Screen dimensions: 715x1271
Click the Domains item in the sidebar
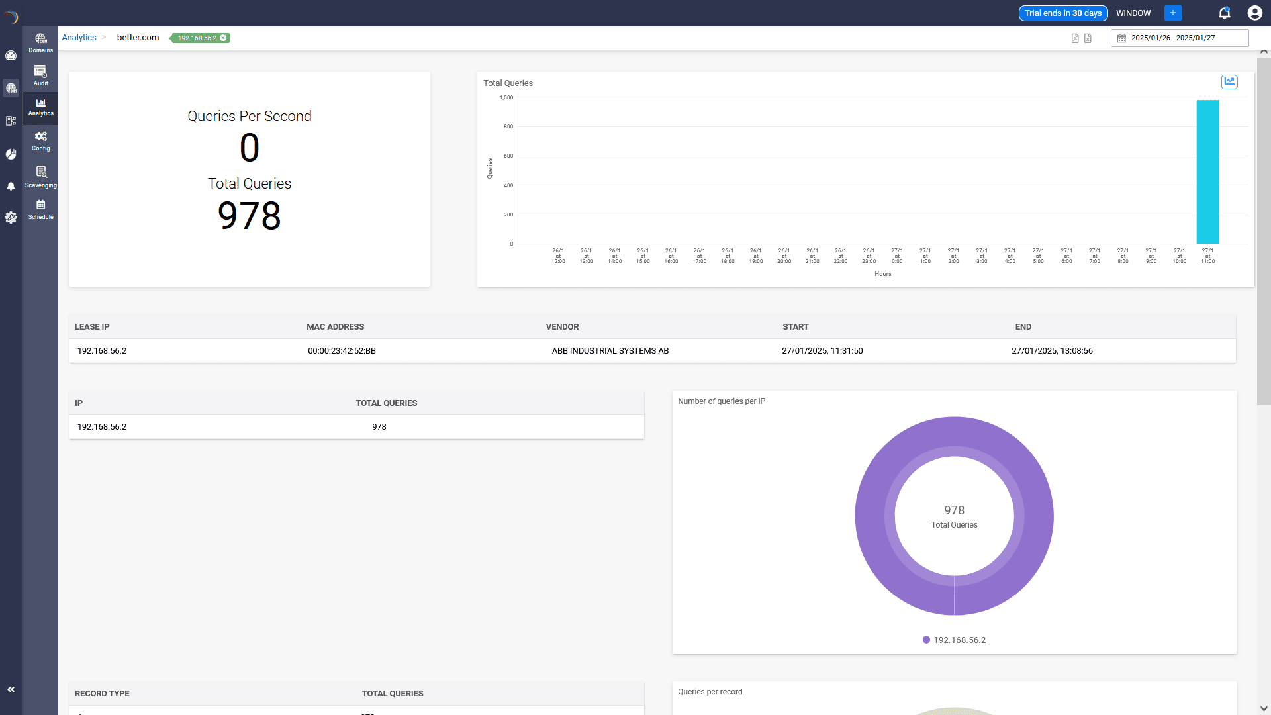[x=40, y=43]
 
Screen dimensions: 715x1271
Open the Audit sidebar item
[x=40, y=75]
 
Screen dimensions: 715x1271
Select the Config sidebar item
[x=40, y=140]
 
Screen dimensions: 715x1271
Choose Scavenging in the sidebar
[x=40, y=177]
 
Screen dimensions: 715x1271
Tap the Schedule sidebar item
[x=40, y=209]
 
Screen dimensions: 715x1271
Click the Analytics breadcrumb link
[x=79, y=38]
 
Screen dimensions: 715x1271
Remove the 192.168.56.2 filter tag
[x=224, y=38]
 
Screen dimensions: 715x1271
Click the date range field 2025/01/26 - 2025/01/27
[x=1179, y=38]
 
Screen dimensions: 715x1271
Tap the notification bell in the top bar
[x=1224, y=13]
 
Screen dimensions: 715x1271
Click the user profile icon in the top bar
[x=1254, y=13]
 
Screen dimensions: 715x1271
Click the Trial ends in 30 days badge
[x=1062, y=13]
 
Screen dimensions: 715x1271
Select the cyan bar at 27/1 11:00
[x=1207, y=172]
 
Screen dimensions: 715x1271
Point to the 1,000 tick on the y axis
[x=506, y=97]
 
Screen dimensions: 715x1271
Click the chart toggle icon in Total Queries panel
[x=1229, y=81]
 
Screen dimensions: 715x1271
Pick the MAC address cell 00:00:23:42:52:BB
[x=342, y=351]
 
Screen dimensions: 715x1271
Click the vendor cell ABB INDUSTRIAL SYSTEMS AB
[x=610, y=351]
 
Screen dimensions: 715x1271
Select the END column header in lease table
[x=1023, y=327]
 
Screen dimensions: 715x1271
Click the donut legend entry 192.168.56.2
[x=954, y=640]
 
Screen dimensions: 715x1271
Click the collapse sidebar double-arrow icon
[x=11, y=689]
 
